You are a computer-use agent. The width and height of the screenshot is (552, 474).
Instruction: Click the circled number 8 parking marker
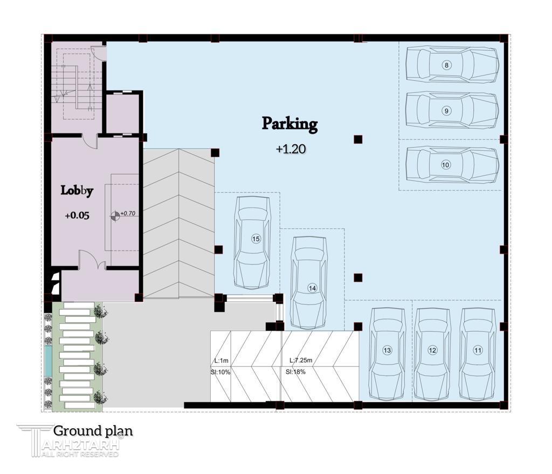point(446,65)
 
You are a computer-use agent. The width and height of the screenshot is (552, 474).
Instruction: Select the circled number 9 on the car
point(446,111)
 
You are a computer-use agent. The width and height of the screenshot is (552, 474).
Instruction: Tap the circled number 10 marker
point(446,165)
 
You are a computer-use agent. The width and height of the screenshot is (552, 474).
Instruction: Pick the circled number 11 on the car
point(478,350)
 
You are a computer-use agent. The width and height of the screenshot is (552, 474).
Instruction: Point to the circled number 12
point(432,350)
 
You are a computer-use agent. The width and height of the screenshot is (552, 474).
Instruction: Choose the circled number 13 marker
point(387,350)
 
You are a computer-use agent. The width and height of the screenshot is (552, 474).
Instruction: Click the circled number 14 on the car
point(312,288)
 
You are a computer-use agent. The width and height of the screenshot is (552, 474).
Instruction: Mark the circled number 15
point(256,239)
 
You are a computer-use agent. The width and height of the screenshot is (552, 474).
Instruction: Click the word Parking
point(289,124)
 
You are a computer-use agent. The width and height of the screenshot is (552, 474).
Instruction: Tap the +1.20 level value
point(291,149)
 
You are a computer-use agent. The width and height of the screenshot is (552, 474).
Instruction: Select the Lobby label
point(77,191)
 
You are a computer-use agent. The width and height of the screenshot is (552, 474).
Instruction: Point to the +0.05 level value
point(77,215)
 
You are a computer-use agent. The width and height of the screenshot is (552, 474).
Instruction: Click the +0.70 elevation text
point(128,213)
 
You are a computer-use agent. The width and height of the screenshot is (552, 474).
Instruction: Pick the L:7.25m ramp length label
point(301,360)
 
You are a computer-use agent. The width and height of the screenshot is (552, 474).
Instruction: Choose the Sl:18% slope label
point(295,372)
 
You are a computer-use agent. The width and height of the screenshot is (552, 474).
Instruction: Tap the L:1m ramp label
point(222,360)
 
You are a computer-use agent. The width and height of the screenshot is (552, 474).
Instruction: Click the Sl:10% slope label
point(220,372)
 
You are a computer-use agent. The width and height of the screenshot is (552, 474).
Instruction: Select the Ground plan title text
point(93,430)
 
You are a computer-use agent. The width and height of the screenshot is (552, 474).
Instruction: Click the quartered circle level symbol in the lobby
point(115,216)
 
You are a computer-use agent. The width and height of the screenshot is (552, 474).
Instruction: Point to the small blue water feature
point(48,360)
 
